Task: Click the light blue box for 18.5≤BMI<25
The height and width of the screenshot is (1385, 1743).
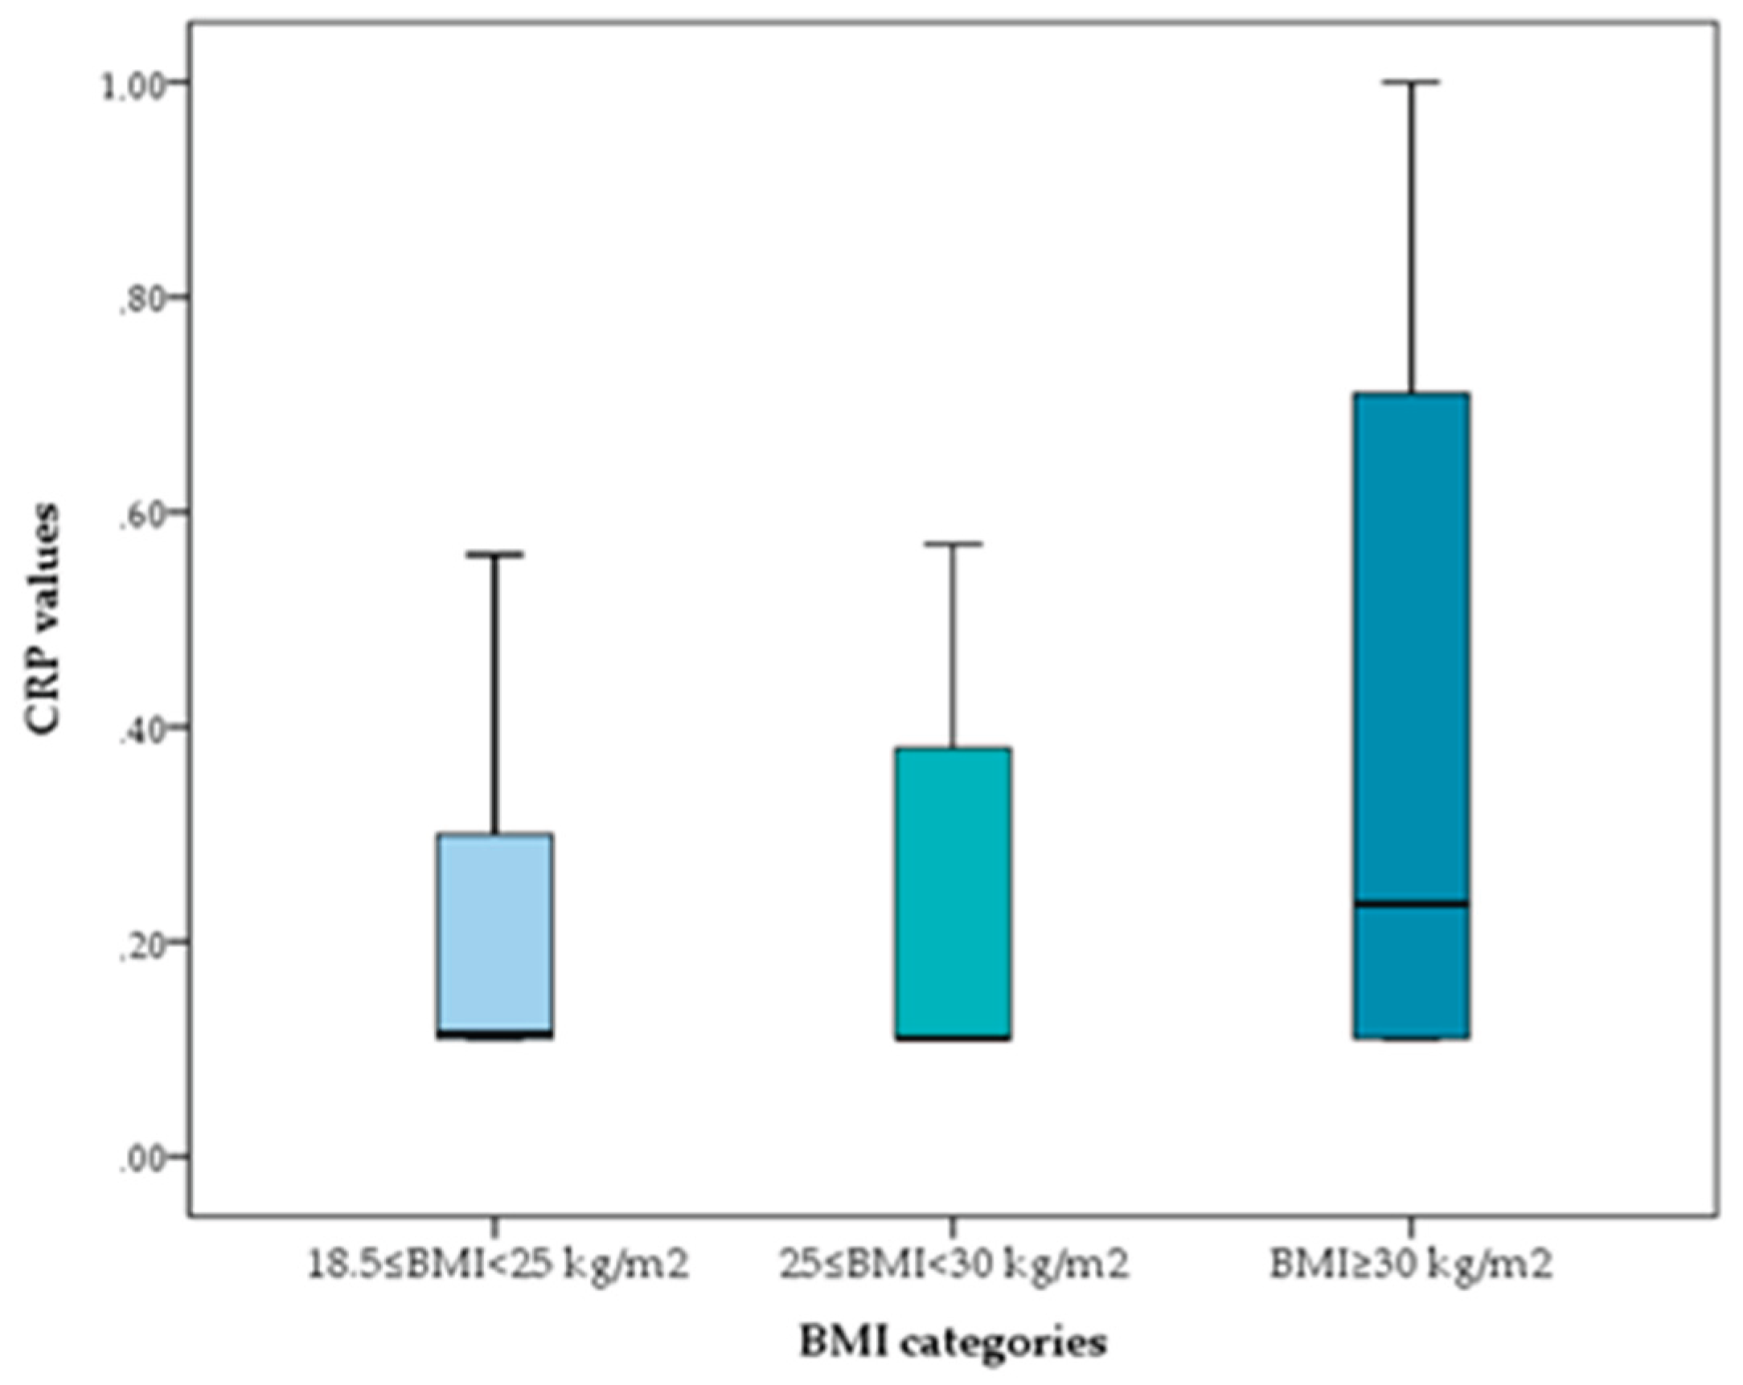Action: pos(495,934)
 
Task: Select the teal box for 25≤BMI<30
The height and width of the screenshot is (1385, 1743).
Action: pos(954,892)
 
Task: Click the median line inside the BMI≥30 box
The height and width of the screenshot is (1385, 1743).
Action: pos(1413,904)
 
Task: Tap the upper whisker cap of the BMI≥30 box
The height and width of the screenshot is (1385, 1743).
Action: pos(1413,82)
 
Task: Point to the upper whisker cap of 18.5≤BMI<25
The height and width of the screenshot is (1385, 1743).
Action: pos(495,554)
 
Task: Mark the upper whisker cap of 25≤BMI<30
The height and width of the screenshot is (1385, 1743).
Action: pos(954,544)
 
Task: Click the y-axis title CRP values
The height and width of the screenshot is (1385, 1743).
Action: pos(43,619)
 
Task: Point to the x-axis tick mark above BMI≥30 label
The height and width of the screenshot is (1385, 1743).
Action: pos(1413,1227)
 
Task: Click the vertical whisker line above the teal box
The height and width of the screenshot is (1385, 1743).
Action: pos(954,647)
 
